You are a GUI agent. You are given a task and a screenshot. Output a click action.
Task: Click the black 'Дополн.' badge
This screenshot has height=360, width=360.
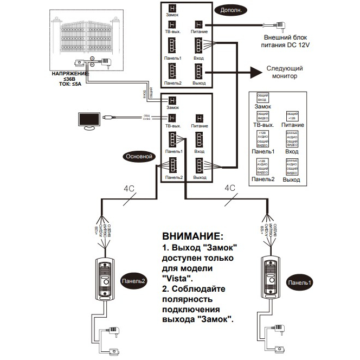(x=230, y=10)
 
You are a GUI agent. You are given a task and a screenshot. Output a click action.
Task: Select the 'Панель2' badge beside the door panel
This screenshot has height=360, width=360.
(x=133, y=281)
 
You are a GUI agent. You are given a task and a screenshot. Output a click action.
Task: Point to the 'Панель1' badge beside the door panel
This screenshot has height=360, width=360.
(x=300, y=282)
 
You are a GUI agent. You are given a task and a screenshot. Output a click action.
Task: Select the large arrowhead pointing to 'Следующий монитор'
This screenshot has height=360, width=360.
(x=254, y=73)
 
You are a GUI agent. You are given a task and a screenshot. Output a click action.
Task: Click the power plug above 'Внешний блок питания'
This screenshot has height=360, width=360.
(x=282, y=25)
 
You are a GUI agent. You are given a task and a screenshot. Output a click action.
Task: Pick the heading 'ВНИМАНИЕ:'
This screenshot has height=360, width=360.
(x=192, y=237)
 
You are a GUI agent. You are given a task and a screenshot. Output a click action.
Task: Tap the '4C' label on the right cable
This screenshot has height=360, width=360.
(x=229, y=189)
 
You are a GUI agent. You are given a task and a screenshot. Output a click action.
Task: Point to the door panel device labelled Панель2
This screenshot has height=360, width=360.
(x=105, y=277)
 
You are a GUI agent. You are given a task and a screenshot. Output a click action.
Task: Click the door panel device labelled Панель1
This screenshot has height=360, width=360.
(x=270, y=277)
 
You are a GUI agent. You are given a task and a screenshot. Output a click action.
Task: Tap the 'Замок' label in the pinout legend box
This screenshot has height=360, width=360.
(x=262, y=107)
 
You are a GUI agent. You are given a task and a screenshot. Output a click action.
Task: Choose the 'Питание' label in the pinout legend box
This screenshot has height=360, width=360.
(x=293, y=125)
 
